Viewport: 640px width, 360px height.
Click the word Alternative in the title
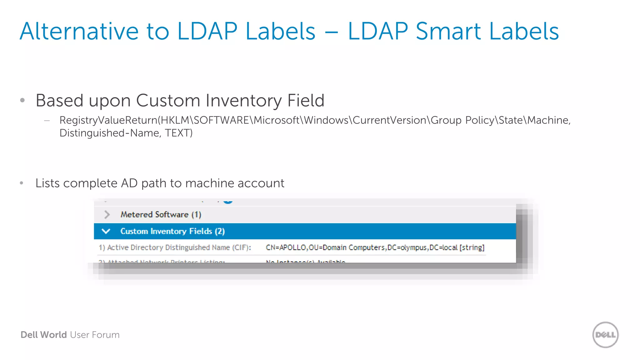pos(79,31)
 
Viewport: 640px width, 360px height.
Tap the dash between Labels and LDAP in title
pos(331,32)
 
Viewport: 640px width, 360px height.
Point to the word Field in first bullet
pos(306,101)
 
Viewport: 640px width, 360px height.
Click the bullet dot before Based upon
pos(22,100)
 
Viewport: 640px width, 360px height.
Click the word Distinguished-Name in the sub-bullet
pos(110,133)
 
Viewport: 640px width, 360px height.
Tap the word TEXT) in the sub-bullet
pos(179,133)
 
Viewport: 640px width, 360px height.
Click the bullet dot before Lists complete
pos(22,183)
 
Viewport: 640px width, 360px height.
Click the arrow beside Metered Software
pos(107,214)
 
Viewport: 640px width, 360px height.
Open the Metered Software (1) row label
pos(161,214)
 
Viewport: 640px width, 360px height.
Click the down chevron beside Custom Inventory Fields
pos(106,231)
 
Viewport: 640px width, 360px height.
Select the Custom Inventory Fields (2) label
pos(172,231)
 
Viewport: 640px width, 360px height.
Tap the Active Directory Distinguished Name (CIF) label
pos(175,247)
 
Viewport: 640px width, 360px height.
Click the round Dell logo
pos(605,335)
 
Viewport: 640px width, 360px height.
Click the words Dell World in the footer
pos(44,335)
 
